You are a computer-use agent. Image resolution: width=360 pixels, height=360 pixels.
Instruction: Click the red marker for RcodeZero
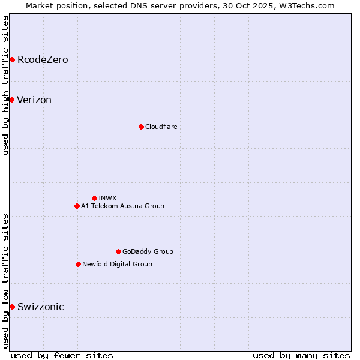click(x=12, y=59)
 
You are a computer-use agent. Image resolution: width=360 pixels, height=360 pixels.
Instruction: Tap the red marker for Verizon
click(x=11, y=100)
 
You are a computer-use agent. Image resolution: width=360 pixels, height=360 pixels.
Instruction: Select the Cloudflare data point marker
click(x=141, y=127)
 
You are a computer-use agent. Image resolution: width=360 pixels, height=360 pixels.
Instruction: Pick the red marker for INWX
click(x=94, y=198)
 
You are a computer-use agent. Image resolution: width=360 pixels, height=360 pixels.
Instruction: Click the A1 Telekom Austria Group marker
click(x=77, y=206)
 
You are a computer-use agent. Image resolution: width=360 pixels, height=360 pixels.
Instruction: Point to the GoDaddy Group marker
click(x=118, y=251)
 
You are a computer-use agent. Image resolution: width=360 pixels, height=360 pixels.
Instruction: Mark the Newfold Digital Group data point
click(x=78, y=264)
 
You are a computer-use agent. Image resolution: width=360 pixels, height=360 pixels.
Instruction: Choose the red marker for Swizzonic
click(x=12, y=307)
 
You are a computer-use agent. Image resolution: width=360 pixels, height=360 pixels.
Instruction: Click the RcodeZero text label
click(x=43, y=60)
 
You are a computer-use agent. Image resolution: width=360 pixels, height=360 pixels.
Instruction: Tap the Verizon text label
click(x=34, y=100)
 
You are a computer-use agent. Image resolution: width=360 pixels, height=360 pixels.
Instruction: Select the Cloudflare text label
click(x=161, y=127)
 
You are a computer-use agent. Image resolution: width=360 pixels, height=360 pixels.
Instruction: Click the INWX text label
click(x=107, y=198)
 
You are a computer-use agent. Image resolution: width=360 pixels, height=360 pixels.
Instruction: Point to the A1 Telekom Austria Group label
click(x=122, y=206)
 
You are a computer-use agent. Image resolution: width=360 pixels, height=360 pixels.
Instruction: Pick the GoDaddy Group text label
click(x=148, y=251)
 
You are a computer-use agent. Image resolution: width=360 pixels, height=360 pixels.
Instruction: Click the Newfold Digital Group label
click(x=117, y=264)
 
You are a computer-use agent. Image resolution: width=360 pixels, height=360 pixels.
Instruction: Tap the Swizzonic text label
click(x=41, y=307)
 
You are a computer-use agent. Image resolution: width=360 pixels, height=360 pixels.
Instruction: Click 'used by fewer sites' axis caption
click(x=62, y=355)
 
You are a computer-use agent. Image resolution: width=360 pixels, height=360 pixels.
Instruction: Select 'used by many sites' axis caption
click(x=301, y=355)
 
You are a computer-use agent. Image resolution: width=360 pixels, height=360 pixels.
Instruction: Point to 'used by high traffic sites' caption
click(x=5, y=85)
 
